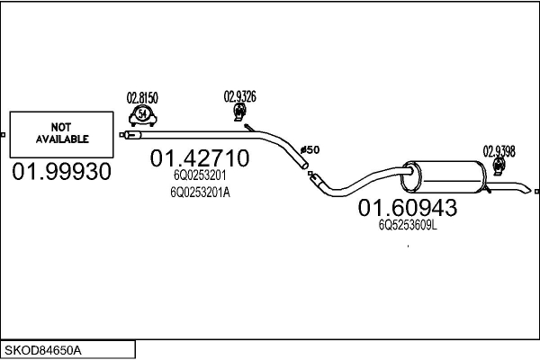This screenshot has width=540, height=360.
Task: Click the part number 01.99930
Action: (61, 170)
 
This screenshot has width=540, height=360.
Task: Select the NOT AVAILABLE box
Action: (61, 133)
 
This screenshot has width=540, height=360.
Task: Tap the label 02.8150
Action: (142, 97)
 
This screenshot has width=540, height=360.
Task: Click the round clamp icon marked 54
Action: (142, 114)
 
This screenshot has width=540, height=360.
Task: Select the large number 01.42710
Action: (200, 158)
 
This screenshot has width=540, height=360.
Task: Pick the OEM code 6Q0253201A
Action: (200, 191)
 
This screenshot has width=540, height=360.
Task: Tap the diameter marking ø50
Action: (309, 148)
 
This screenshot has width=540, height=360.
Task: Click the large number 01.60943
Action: (408, 208)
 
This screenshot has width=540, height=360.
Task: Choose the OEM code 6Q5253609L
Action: (408, 225)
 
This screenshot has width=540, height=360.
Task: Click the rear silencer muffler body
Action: (444, 175)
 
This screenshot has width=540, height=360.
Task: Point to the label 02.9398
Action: (499, 151)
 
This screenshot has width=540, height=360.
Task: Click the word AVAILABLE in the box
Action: (62, 139)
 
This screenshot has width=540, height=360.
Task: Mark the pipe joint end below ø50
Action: (311, 176)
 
